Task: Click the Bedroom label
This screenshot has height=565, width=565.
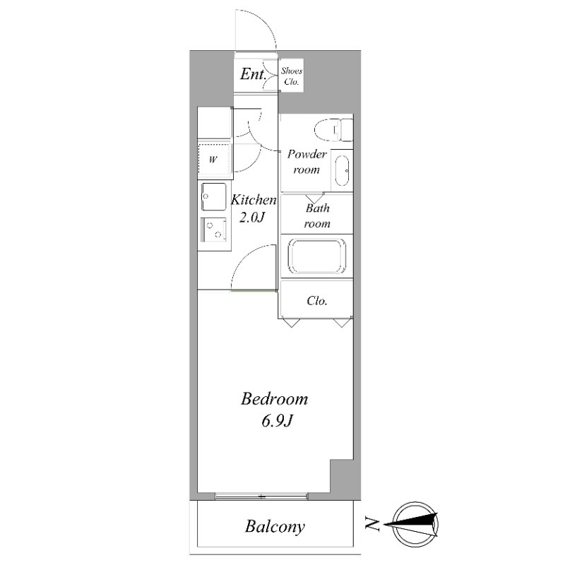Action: pos(275,399)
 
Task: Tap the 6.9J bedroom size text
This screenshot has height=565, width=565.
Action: pos(276,420)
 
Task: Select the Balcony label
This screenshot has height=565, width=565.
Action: pos(275,526)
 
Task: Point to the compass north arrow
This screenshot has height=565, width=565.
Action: pos(411,524)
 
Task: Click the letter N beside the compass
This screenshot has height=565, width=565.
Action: pos(372,523)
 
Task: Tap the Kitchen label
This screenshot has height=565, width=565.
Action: pos(254,200)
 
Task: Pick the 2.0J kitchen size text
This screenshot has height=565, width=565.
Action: pos(252,217)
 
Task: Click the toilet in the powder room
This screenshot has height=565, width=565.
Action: pos(333,130)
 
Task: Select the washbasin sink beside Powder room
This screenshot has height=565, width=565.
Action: pos(342,170)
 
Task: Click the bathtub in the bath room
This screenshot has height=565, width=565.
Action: pos(316,256)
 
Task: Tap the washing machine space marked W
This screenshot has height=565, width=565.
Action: pos(214,159)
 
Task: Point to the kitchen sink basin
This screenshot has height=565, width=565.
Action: pos(214,197)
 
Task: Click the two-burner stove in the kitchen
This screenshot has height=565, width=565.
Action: pos(214,230)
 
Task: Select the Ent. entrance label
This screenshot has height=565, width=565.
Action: pos(254,74)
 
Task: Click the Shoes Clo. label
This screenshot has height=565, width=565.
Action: pos(292,76)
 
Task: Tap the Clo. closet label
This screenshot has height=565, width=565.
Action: pos(317,301)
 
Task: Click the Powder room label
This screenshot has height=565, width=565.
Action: pos(307,162)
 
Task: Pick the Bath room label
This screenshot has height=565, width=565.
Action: pos(317,216)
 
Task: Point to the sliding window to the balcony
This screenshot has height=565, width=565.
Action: pos(261,496)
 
